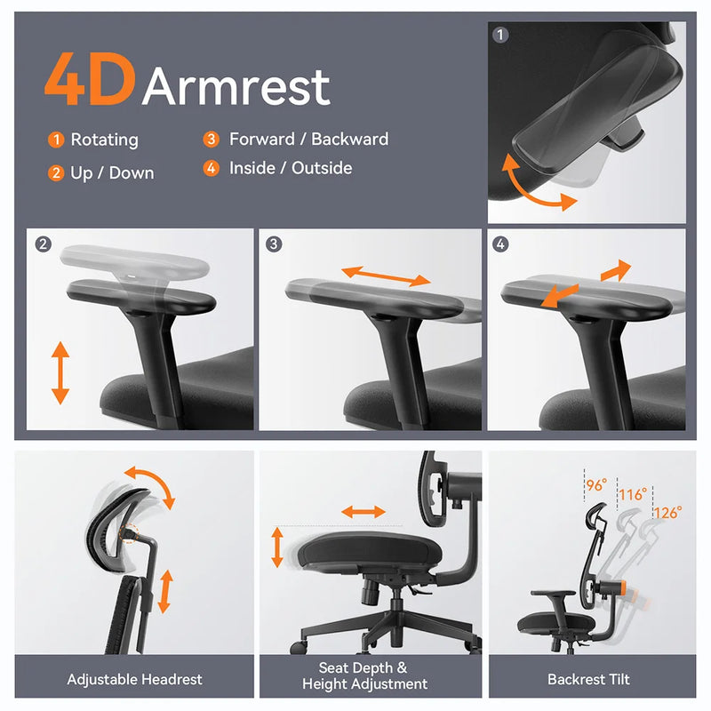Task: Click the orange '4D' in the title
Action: point(89,81)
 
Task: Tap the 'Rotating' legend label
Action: point(104,140)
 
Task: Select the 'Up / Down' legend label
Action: point(112,172)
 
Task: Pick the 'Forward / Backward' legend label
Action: point(308,139)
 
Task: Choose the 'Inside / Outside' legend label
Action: point(291,168)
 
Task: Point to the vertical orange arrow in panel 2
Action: point(60,374)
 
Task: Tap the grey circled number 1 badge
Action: point(500,36)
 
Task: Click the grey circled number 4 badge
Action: point(501,243)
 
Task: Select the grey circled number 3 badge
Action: point(273,243)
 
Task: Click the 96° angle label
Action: point(596,485)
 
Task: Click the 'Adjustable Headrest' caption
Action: point(134,679)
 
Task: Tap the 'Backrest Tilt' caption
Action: point(588,679)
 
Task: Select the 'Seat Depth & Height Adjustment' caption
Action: point(364,675)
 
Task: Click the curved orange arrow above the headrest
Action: point(148,484)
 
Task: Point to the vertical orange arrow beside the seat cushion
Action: point(277,547)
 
